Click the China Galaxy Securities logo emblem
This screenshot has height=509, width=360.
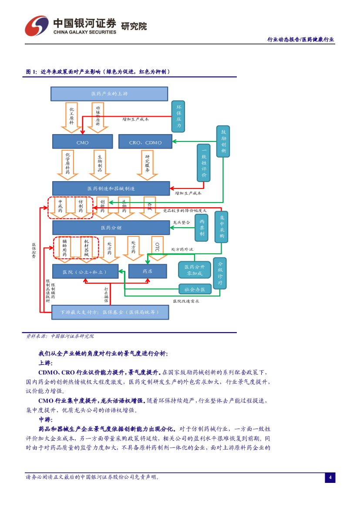pos(37,26)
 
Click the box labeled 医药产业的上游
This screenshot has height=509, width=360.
pos(109,94)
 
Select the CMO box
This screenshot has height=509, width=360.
pos(82,142)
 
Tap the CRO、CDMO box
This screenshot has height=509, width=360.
pos(145,142)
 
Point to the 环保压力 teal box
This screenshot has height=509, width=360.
pos(178,116)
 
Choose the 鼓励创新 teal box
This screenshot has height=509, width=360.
pos(223,141)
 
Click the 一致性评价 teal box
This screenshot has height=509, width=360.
pos(204,162)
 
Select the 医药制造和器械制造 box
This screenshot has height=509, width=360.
pos(111,189)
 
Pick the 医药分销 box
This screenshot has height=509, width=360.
pos(111,228)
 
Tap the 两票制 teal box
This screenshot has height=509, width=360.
pos(202,227)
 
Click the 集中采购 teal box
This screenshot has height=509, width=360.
pos(221,226)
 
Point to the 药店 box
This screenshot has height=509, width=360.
pos(148,271)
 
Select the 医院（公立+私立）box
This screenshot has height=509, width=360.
pos(85,271)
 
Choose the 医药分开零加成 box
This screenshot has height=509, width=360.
pos(194,270)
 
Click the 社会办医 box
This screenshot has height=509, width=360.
pos(195,289)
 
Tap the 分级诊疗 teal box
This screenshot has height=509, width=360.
pos(220,273)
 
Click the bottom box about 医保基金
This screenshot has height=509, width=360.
pos(110,312)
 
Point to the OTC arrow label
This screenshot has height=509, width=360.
pos(157,247)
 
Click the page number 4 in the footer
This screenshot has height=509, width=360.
pos(330,478)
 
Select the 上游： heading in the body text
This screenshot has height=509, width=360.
pos(46,363)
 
